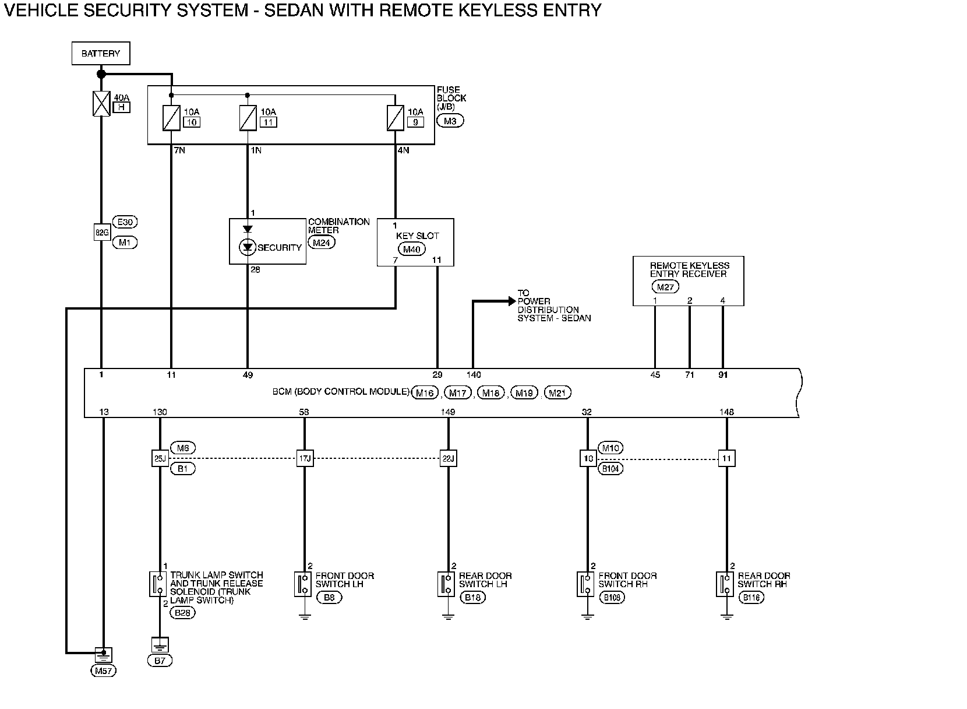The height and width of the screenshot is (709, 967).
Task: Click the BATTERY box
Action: pyautogui.click(x=101, y=54)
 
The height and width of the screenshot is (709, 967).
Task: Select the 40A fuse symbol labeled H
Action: pyautogui.click(x=101, y=103)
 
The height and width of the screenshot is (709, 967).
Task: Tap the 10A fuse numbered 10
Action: pyautogui.click(x=171, y=118)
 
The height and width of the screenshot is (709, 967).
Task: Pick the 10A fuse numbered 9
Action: pyautogui.click(x=396, y=118)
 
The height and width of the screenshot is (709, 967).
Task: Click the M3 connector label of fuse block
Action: pyautogui.click(x=450, y=121)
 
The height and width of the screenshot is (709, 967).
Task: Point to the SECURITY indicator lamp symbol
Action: pyautogui.click(x=248, y=248)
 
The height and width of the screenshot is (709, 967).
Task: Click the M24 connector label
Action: pyautogui.click(x=322, y=243)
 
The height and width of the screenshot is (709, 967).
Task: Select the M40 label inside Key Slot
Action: pyautogui.click(x=411, y=250)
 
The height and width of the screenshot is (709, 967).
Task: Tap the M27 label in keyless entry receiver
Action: pyautogui.click(x=665, y=286)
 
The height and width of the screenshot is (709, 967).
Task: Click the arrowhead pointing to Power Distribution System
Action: pyautogui.click(x=511, y=301)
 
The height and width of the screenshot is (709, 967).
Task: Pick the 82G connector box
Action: pyautogui.click(x=101, y=232)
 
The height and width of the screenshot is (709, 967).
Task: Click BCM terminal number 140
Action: pyautogui.click(x=474, y=375)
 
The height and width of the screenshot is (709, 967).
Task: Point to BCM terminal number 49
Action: pyautogui.click(x=248, y=375)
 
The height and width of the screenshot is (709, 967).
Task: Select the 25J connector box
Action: pyautogui.click(x=159, y=459)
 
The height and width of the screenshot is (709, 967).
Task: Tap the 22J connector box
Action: pyautogui.click(x=447, y=459)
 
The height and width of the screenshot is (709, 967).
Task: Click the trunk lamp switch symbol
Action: pyautogui.click(x=158, y=584)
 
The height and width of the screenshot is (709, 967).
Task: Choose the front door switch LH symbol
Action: pyautogui.click(x=303, y=584)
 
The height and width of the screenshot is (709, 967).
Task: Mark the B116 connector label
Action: pyautogui.click(x=751, y=598)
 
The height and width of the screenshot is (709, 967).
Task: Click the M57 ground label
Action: pyautogui.click(x=104, y=671)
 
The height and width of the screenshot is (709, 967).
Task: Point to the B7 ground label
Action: pyautogui.click(x=160, y=661)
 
